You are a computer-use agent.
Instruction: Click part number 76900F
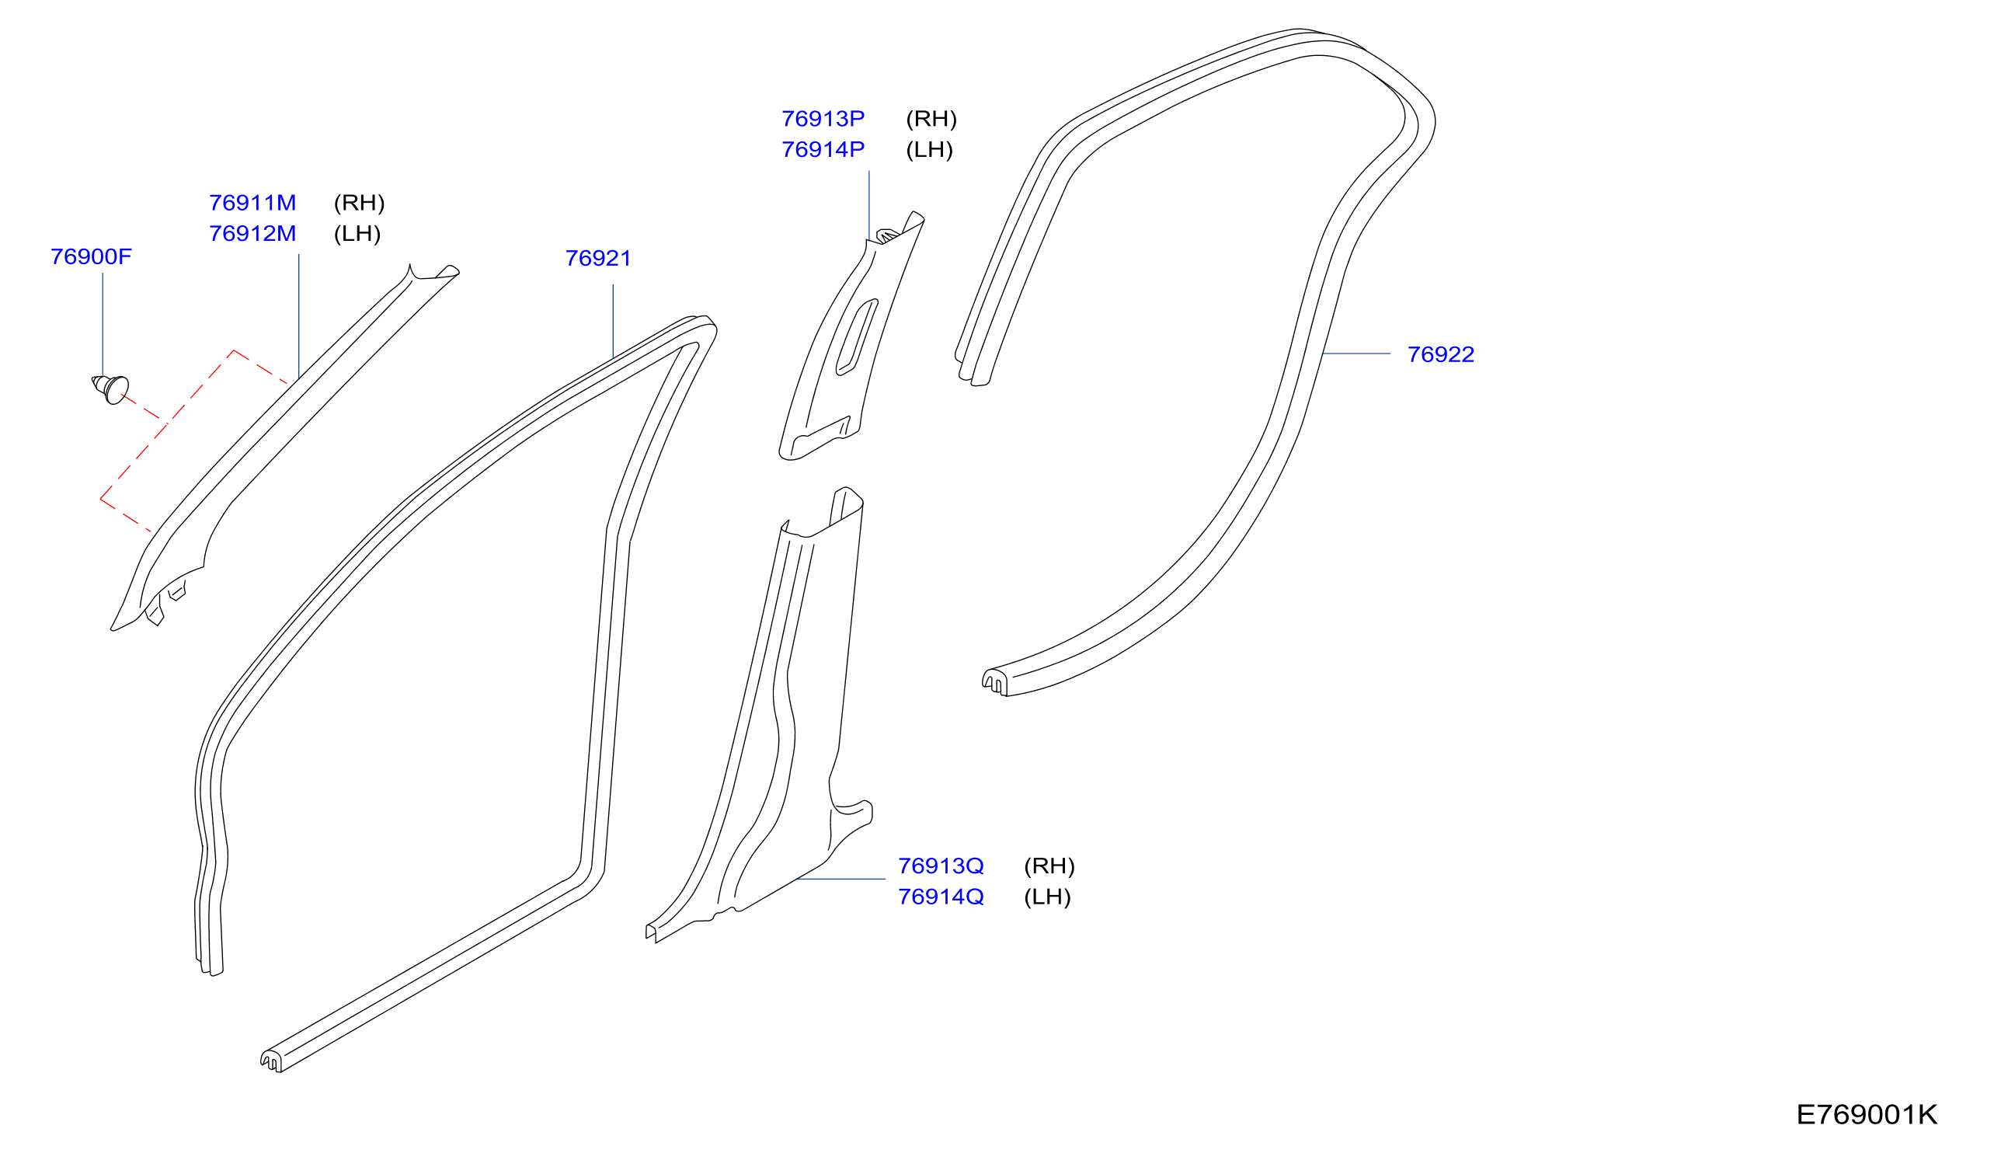(x=91, y=256)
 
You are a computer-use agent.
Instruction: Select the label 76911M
(x=252, y=203)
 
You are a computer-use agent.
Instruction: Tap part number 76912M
(x=252, y=234)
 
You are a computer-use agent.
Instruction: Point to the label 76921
(x=599, y=258)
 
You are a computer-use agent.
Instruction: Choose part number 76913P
(x=823, y=119)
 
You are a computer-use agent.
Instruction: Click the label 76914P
(x=823, y=150)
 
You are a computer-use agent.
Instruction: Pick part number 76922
(x=1441, y=355)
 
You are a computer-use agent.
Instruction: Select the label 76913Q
(x=941, y=866)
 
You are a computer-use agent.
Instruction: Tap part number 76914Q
(x=941, y=897)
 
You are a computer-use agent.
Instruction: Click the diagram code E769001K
(x=1867, y=1115)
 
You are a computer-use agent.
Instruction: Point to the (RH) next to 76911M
(x=360, y=204)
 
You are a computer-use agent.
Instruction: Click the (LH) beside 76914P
(x=930, y=151)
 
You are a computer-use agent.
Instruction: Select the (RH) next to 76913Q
(x=1050, y=866)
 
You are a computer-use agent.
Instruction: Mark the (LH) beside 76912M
(x=357, y=235)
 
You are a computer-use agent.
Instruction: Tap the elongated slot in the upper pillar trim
(x=857, y=337)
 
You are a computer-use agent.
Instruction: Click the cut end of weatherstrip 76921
(x=272, y=1061)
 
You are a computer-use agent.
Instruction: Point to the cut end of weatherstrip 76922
(x=995, y=683)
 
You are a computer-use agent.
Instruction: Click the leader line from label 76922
(x=1356, y=354)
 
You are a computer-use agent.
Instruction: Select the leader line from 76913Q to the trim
(x=840, y=879)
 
